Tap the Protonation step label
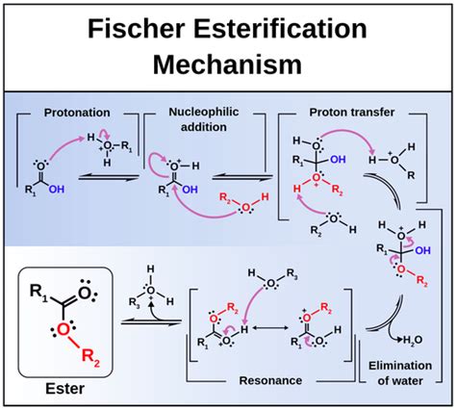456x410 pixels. click(78, 112)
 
